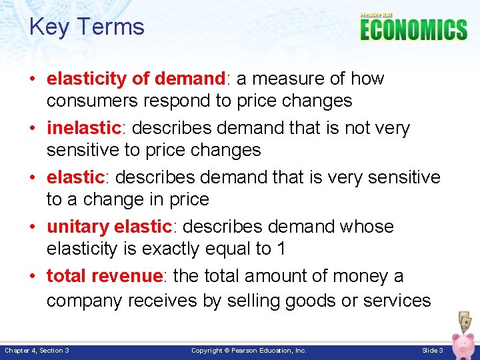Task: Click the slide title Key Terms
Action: tap(87, 27)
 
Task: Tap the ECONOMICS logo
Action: tap(413, 29)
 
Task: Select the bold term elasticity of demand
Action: tap(137, 79)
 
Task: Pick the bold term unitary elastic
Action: tap(109, 227)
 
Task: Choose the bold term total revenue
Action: tap(105, 276)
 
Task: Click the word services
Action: tap(397, 301)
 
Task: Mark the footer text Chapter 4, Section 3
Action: tap(37, 351)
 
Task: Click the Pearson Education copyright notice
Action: tap(249, 351)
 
